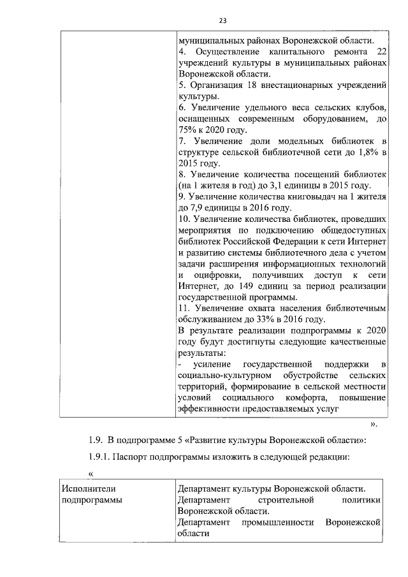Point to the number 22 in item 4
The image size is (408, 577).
(381, 50)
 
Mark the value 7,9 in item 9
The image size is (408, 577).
(198, 208)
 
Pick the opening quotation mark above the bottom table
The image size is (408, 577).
(91, 474)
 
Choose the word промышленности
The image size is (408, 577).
(278, 522)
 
